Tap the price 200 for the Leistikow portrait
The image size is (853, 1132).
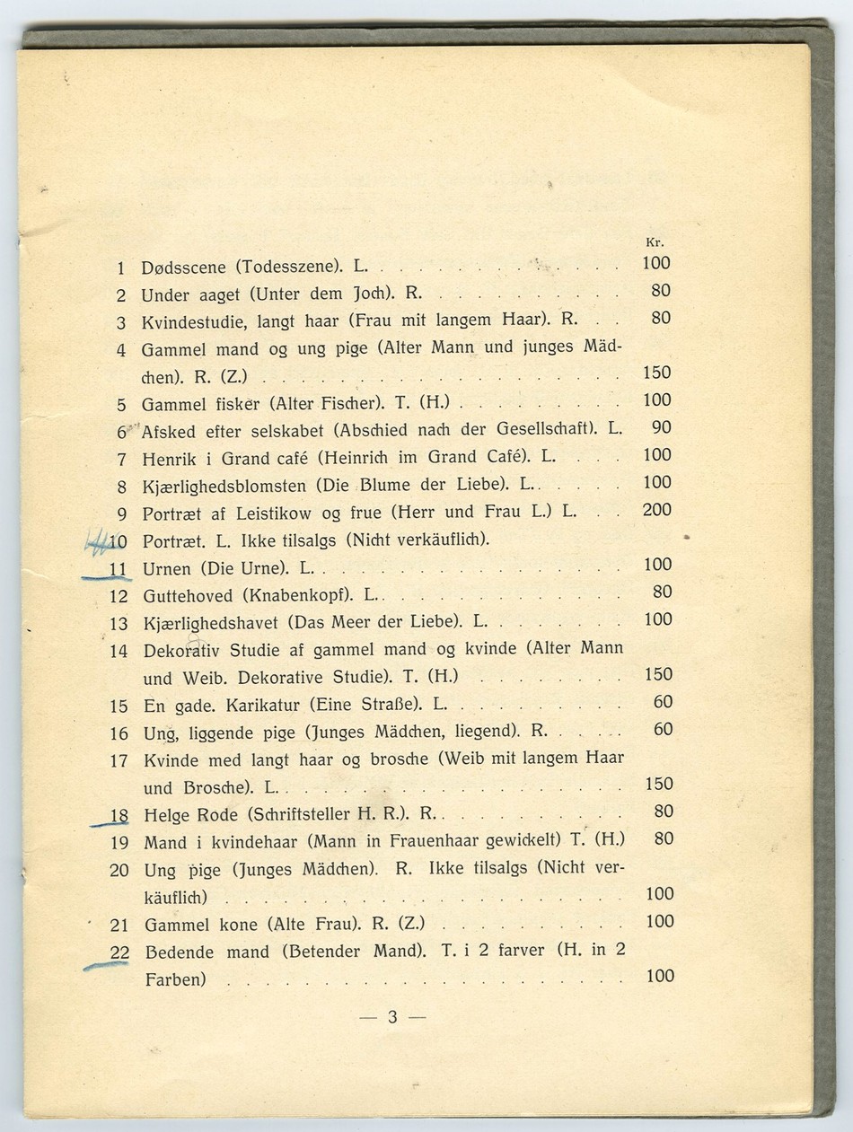point(657,510)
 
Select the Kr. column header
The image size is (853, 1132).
point(654,242)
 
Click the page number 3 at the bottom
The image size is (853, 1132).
point(392,1017)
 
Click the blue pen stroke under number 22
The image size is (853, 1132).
point(106,966)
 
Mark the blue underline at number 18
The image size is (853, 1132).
point(110,822)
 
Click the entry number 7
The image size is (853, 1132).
point(121,459)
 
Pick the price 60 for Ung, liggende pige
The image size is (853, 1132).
point(663,729)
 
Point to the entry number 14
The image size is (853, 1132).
point(119,651)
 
